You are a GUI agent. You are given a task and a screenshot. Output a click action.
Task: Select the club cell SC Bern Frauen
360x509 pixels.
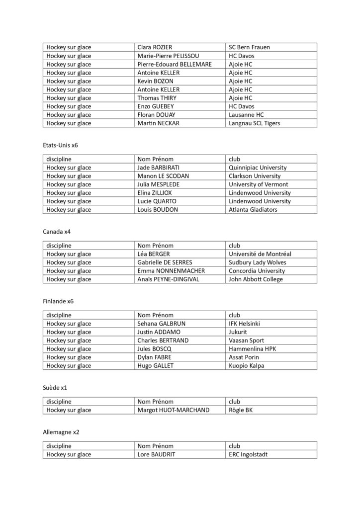[x=249, y=47]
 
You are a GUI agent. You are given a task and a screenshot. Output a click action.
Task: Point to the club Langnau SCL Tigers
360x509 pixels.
[x=254, y=123]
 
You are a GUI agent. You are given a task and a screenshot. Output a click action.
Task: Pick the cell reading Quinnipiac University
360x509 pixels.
[x=258, y=168]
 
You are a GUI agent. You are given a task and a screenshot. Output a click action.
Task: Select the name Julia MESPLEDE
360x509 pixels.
[x=161, y=184]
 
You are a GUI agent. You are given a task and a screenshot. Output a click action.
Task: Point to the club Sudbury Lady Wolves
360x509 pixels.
[x=258, y=262]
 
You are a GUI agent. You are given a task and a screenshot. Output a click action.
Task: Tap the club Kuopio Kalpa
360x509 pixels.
[x=247, y=366]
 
